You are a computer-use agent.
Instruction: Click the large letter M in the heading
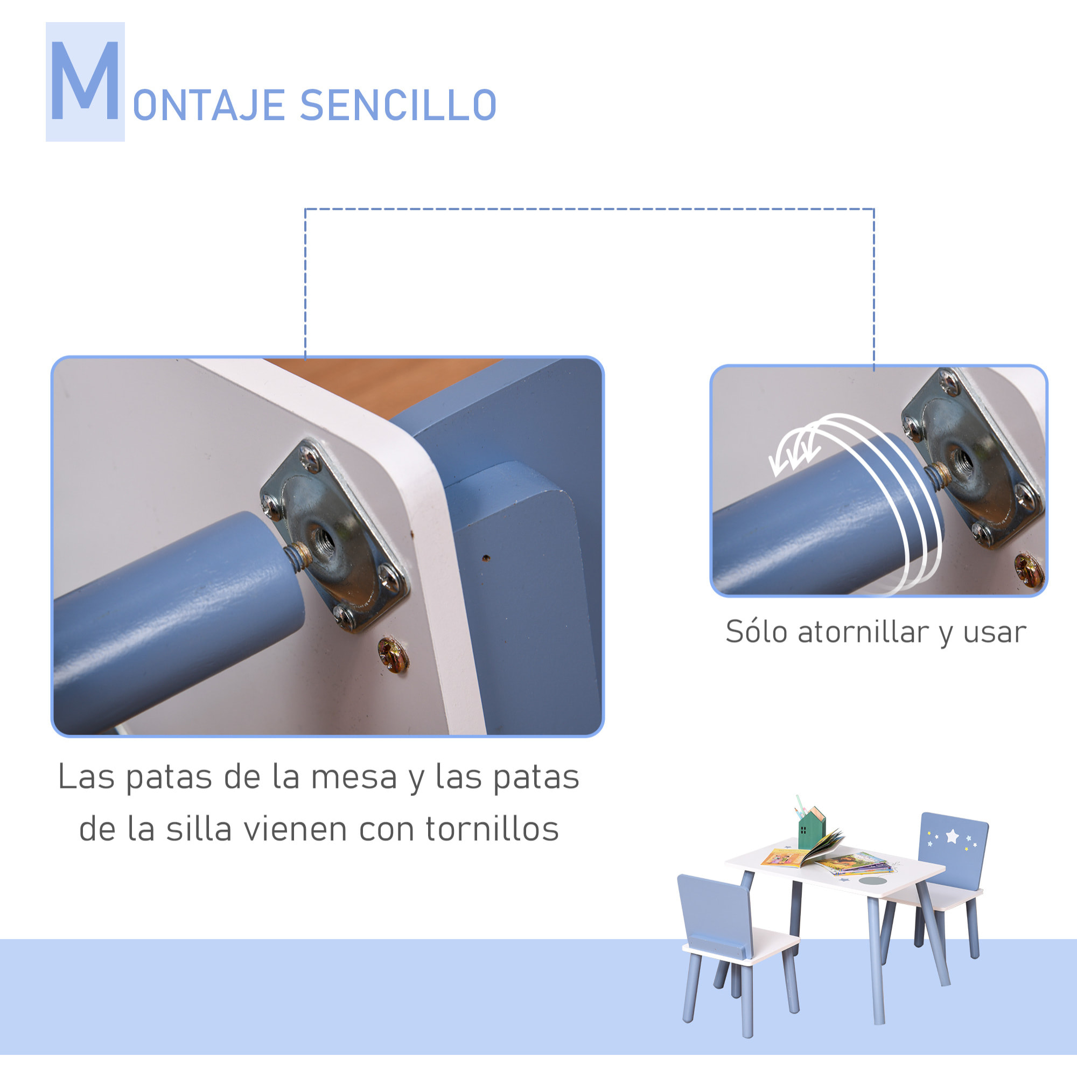click(85, 81)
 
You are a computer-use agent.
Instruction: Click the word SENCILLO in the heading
click(397, 106)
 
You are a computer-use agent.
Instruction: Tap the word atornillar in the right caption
click(862, 632)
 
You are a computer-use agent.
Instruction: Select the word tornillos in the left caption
click(492, 829)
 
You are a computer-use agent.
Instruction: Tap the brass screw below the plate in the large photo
click(393, 654)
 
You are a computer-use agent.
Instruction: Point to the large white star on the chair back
click(952, 836)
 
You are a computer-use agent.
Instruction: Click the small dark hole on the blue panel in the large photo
click(486, 557)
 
